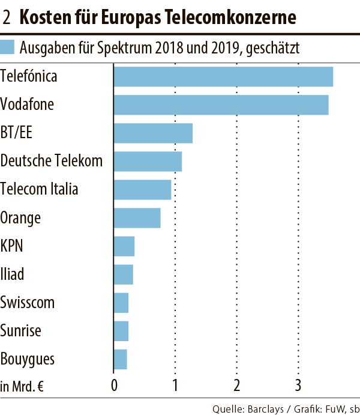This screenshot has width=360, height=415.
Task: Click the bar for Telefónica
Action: tap(223, 76)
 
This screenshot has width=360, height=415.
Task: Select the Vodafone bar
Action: tap(221, 105)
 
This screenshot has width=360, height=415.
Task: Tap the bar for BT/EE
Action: tap(153, 133)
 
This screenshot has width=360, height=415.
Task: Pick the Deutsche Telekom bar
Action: tap(148, 161)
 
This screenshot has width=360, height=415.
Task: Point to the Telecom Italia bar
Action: tap(142, 190)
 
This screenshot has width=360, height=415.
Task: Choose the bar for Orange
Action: tap(137, 217)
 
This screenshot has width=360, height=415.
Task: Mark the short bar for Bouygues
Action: tap(120, 359)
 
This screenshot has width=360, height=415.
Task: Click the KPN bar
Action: tap(124, 246)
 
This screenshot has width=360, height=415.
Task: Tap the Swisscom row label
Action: tap(27, 303)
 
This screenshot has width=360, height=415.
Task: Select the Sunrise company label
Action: tap(22, 331)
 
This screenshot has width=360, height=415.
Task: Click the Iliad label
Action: tap(13, 274)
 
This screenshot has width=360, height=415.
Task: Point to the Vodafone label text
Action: tap(27, 105)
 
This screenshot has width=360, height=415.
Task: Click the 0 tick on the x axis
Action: tap(114, 385)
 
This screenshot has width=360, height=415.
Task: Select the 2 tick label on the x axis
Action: tap(237, 385)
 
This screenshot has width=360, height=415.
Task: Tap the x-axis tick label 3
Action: tap(298, 385)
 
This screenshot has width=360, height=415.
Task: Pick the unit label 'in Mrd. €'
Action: tap(23, 386)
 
